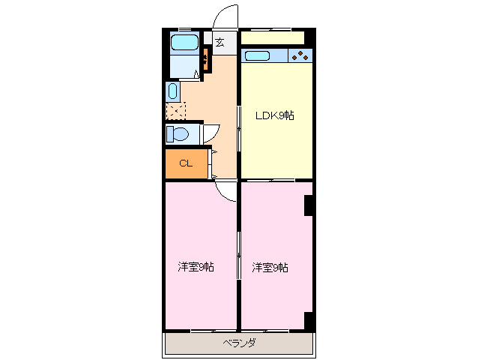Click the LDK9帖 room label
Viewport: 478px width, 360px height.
[x=274, y=115]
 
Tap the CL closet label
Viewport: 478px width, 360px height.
[x=185, y=163]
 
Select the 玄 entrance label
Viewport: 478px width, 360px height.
[x=220, y=42]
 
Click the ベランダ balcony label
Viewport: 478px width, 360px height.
[x=239, y=343]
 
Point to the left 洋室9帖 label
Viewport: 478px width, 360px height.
[x=196, y=267]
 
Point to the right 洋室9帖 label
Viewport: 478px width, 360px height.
[x=270, y=267]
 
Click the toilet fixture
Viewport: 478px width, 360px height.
[x=178, y=133]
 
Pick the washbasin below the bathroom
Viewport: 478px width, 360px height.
[x=172, y=91]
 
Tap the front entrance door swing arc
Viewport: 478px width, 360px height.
[x=223, y=16]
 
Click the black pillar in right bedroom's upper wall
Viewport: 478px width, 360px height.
[x=309, y=205]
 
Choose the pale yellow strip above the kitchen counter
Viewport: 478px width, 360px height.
[x=272, y=37]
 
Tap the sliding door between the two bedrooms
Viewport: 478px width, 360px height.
[x=239, y=255]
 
